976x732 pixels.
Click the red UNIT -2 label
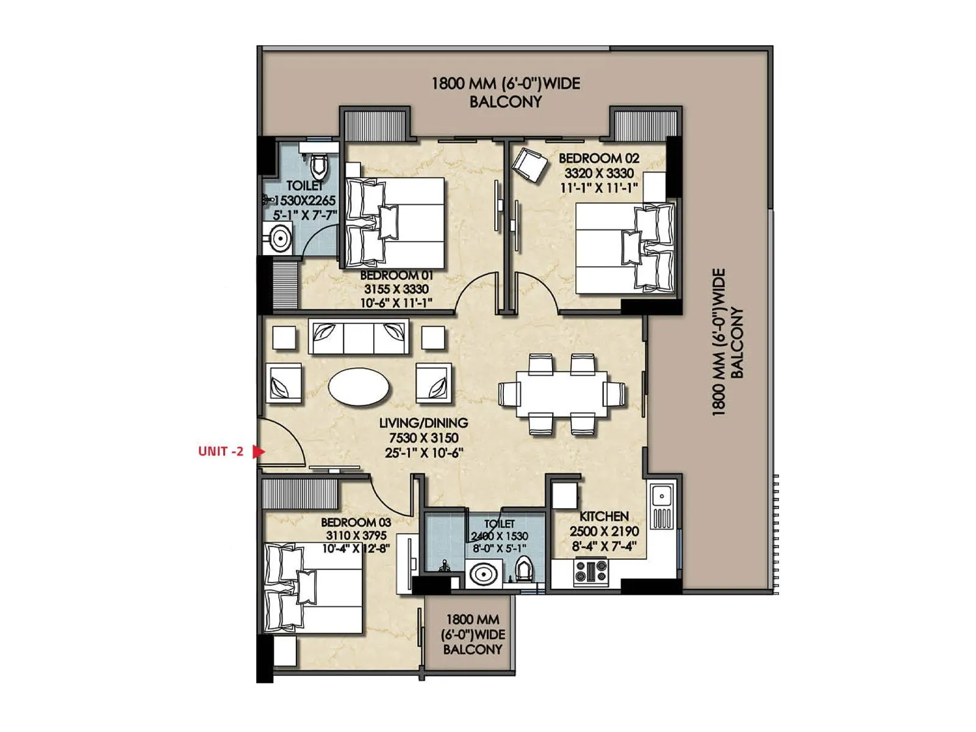tap(220, 451)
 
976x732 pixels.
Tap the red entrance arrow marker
tap(259, 451)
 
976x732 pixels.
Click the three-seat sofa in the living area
tap(359, 336)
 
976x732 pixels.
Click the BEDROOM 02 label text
tap(598, 158)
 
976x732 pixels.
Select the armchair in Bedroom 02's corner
tap(529, 163)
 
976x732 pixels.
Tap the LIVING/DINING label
tap(423, 423)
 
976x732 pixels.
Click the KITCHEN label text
tap(603, 516)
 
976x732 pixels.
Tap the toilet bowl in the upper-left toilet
tap(318, 164)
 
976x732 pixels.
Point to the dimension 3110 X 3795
tap(356, 536)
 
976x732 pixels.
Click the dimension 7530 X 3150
tap(423, 438)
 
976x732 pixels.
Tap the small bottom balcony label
tap(473, 634)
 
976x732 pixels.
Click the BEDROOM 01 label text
tap(396, 275)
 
